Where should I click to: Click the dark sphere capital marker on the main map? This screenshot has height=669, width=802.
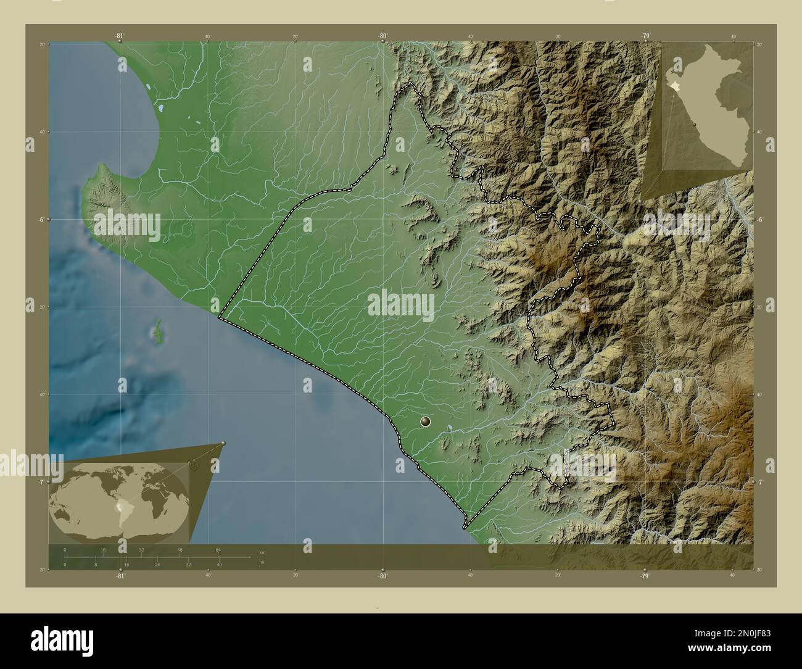[426, 422]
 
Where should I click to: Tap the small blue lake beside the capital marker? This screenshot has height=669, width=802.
[451, 426]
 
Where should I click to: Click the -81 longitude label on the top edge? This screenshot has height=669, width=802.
[119, 36]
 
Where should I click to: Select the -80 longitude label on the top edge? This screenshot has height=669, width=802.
[382, 36]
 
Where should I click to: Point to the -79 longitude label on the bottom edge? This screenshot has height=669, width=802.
[645, 576]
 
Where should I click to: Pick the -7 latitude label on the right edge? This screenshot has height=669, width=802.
[761, 483]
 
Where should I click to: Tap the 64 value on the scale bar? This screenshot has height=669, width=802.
[218, 549]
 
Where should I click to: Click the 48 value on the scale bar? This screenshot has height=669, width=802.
[180, 549]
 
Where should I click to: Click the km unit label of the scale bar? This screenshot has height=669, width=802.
[262, 552]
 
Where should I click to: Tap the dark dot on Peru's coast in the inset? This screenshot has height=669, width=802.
[695, 124]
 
